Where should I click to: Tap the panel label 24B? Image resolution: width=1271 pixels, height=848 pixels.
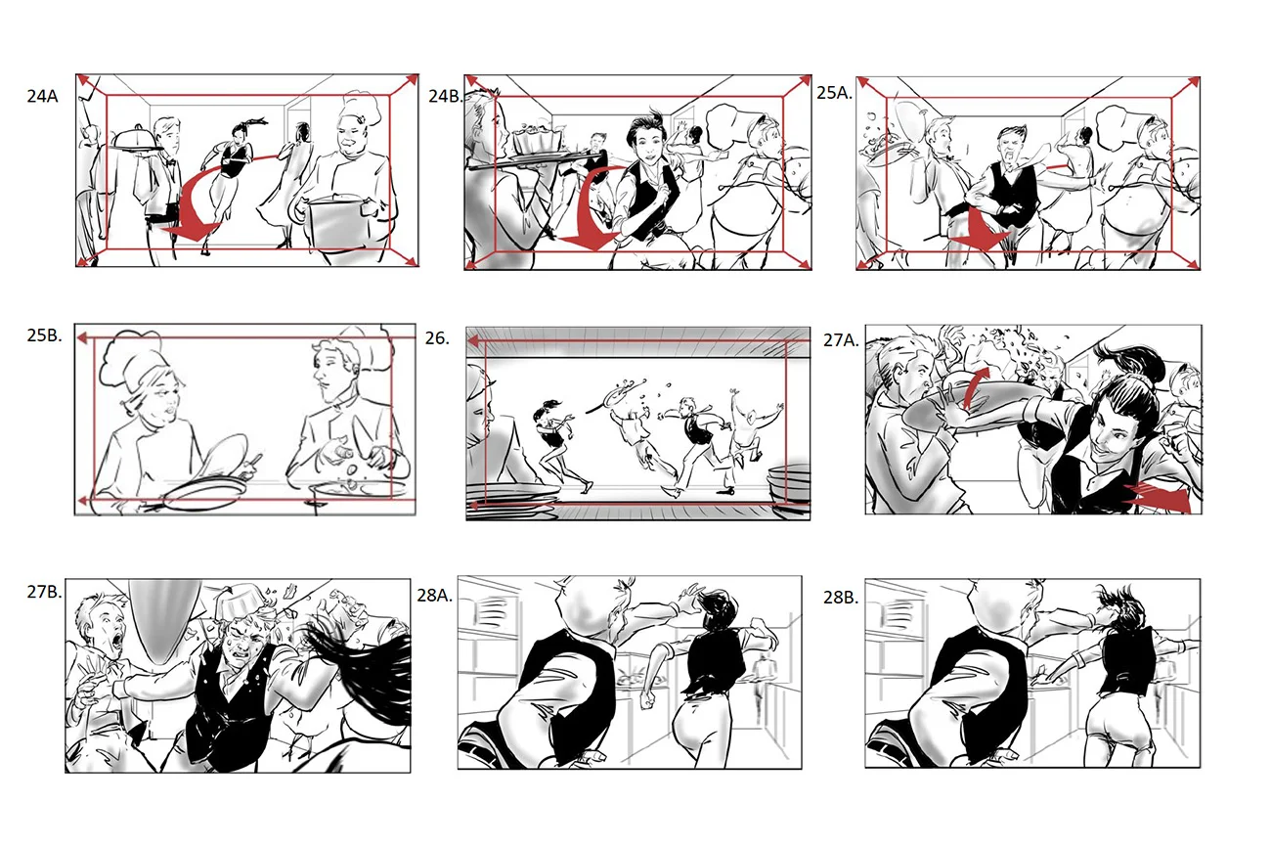[445, 96]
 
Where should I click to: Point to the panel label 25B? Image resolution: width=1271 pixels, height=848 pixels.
[45, 335]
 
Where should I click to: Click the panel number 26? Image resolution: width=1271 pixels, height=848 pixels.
[437, 338]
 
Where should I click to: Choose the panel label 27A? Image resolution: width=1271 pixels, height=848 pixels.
[841, 339]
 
